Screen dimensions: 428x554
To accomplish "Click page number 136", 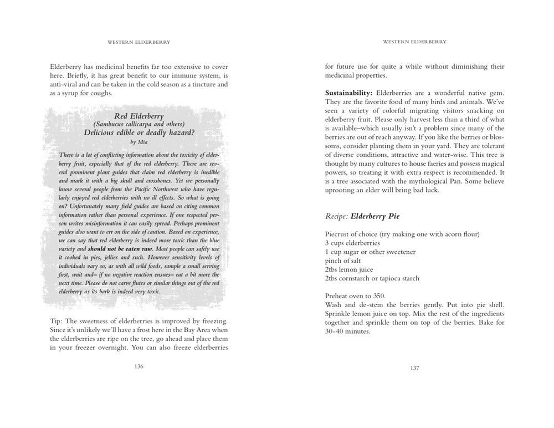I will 138,366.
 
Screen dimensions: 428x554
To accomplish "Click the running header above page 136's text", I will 138,42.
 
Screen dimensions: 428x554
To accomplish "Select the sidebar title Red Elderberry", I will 138,116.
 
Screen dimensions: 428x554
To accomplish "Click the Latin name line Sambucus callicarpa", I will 138,124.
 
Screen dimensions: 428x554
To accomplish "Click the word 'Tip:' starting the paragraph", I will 57,322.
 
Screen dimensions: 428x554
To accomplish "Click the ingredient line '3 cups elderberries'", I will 352,243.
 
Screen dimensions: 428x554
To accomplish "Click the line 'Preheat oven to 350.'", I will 355,296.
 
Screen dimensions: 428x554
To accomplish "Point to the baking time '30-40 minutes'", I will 347,332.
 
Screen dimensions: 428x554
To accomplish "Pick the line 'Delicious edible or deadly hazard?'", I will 138,133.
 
